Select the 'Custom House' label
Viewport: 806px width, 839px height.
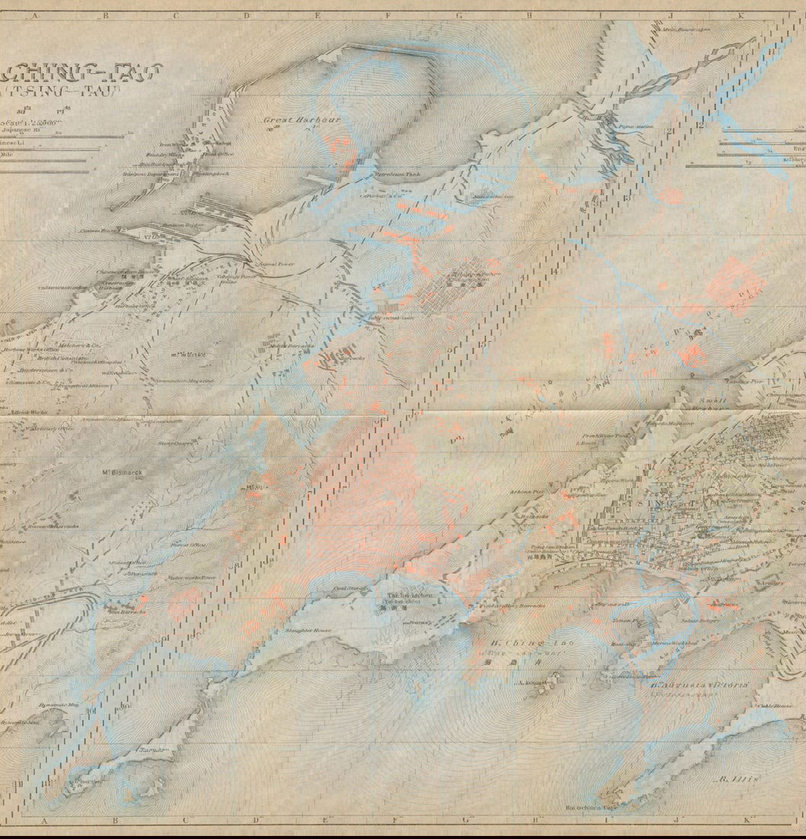101,230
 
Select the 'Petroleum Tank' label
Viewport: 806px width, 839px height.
397,175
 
